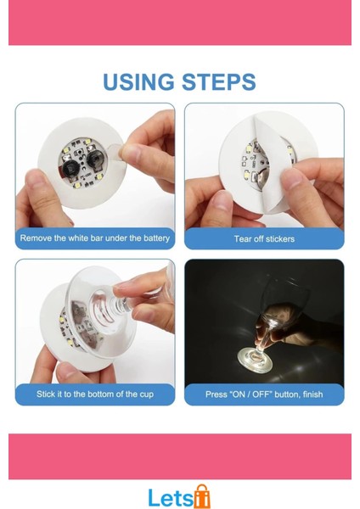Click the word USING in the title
(139, 82)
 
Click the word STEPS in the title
(218, 82)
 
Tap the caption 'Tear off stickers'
(264, 239)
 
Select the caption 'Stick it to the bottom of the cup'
(95, 394)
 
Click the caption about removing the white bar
(95, 238)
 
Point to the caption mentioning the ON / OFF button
(264, 394)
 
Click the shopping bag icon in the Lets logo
(201, 495)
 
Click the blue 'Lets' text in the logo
(170, 497)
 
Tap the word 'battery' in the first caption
(155, 238)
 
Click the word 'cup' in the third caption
(146, 394)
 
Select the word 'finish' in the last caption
(310, 394)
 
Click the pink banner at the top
(180, 22)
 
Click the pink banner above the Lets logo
(180, 456)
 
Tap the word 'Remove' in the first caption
(35, 238)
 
